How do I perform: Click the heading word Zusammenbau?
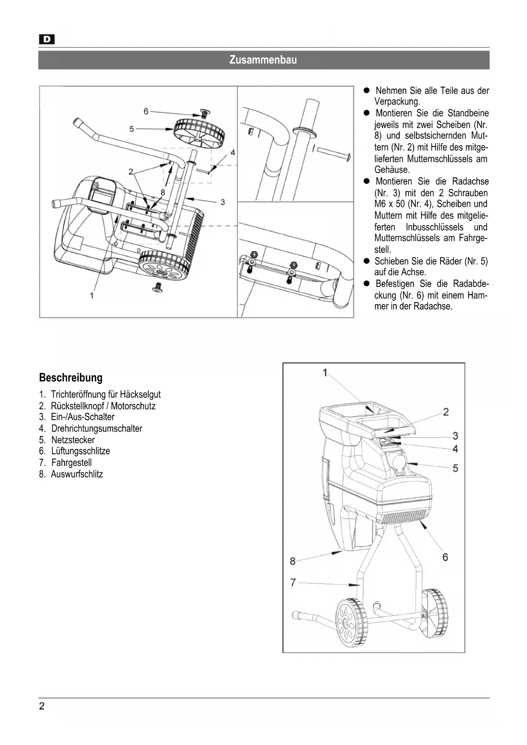(263, 60)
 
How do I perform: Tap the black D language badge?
(47, 40)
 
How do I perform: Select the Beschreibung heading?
(71, 378)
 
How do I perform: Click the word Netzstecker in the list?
(73, 440)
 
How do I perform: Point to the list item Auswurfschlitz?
(77, 474)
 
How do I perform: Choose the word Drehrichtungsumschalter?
(97, 429)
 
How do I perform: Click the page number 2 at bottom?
(42, 706)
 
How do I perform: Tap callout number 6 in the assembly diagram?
(146, 111)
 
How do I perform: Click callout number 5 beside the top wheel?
(132, 129)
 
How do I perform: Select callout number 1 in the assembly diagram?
(92, 295)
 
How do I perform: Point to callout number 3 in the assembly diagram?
(223, 202)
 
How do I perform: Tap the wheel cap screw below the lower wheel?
(158, 287)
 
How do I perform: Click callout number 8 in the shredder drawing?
(292, 561)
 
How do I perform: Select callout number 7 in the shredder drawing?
(293, 582)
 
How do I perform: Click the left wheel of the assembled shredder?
(351, 623)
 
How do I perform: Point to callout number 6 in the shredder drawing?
(445, 557)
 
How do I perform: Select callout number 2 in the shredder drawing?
(446, 412)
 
